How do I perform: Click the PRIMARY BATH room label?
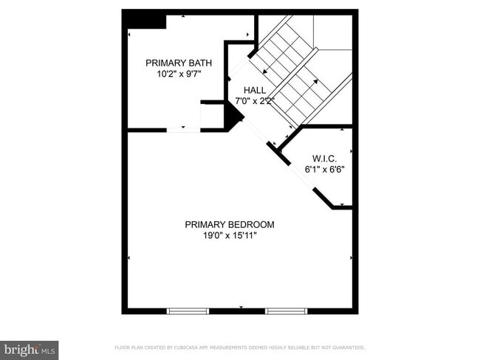point(174,63)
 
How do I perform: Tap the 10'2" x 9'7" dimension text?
point(174,74)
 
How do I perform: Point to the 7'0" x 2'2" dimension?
point(254,101)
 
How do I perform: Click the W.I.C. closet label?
point(325,158)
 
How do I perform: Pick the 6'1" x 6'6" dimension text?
point(325,169)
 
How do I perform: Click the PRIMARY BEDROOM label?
point(229,225)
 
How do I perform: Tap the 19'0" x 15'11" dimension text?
point(229,236)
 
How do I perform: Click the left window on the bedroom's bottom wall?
point(188,311)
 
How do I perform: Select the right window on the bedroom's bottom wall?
point(286,311)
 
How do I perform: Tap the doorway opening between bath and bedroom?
point(182,131)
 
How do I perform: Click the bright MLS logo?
point(30,349)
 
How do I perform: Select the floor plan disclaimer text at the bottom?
point(240,347)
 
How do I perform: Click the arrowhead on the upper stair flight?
point(264,72)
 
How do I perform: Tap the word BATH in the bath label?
point(191,63)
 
